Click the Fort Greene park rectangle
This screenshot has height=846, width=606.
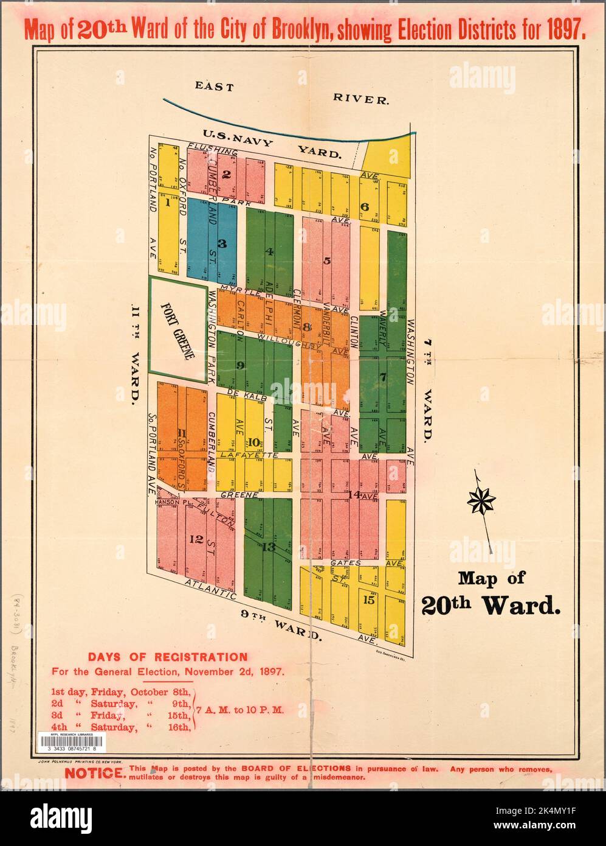pyautogui.click(x=177, y=329)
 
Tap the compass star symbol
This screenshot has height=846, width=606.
pyautogui.click(x=481, y=501)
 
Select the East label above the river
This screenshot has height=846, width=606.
pyautogui.click(x=214, y=86)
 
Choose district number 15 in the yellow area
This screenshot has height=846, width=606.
pyautogui.click(x=368, y=599)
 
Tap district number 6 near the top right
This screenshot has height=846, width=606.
pyautogui.click(x=365, y=206)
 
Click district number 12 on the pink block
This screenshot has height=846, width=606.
pyautogui.click(x=196, y=539)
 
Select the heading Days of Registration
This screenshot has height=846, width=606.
pyautogui.click(x=168, y=657)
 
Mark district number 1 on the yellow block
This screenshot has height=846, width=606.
pyautogui.click(x=166, y=204)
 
